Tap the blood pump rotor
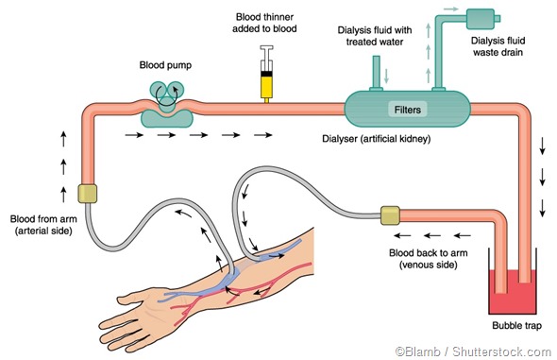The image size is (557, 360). (165, 90)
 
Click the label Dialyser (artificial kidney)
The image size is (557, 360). (377, 141)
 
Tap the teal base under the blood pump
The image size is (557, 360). (166, 117)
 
